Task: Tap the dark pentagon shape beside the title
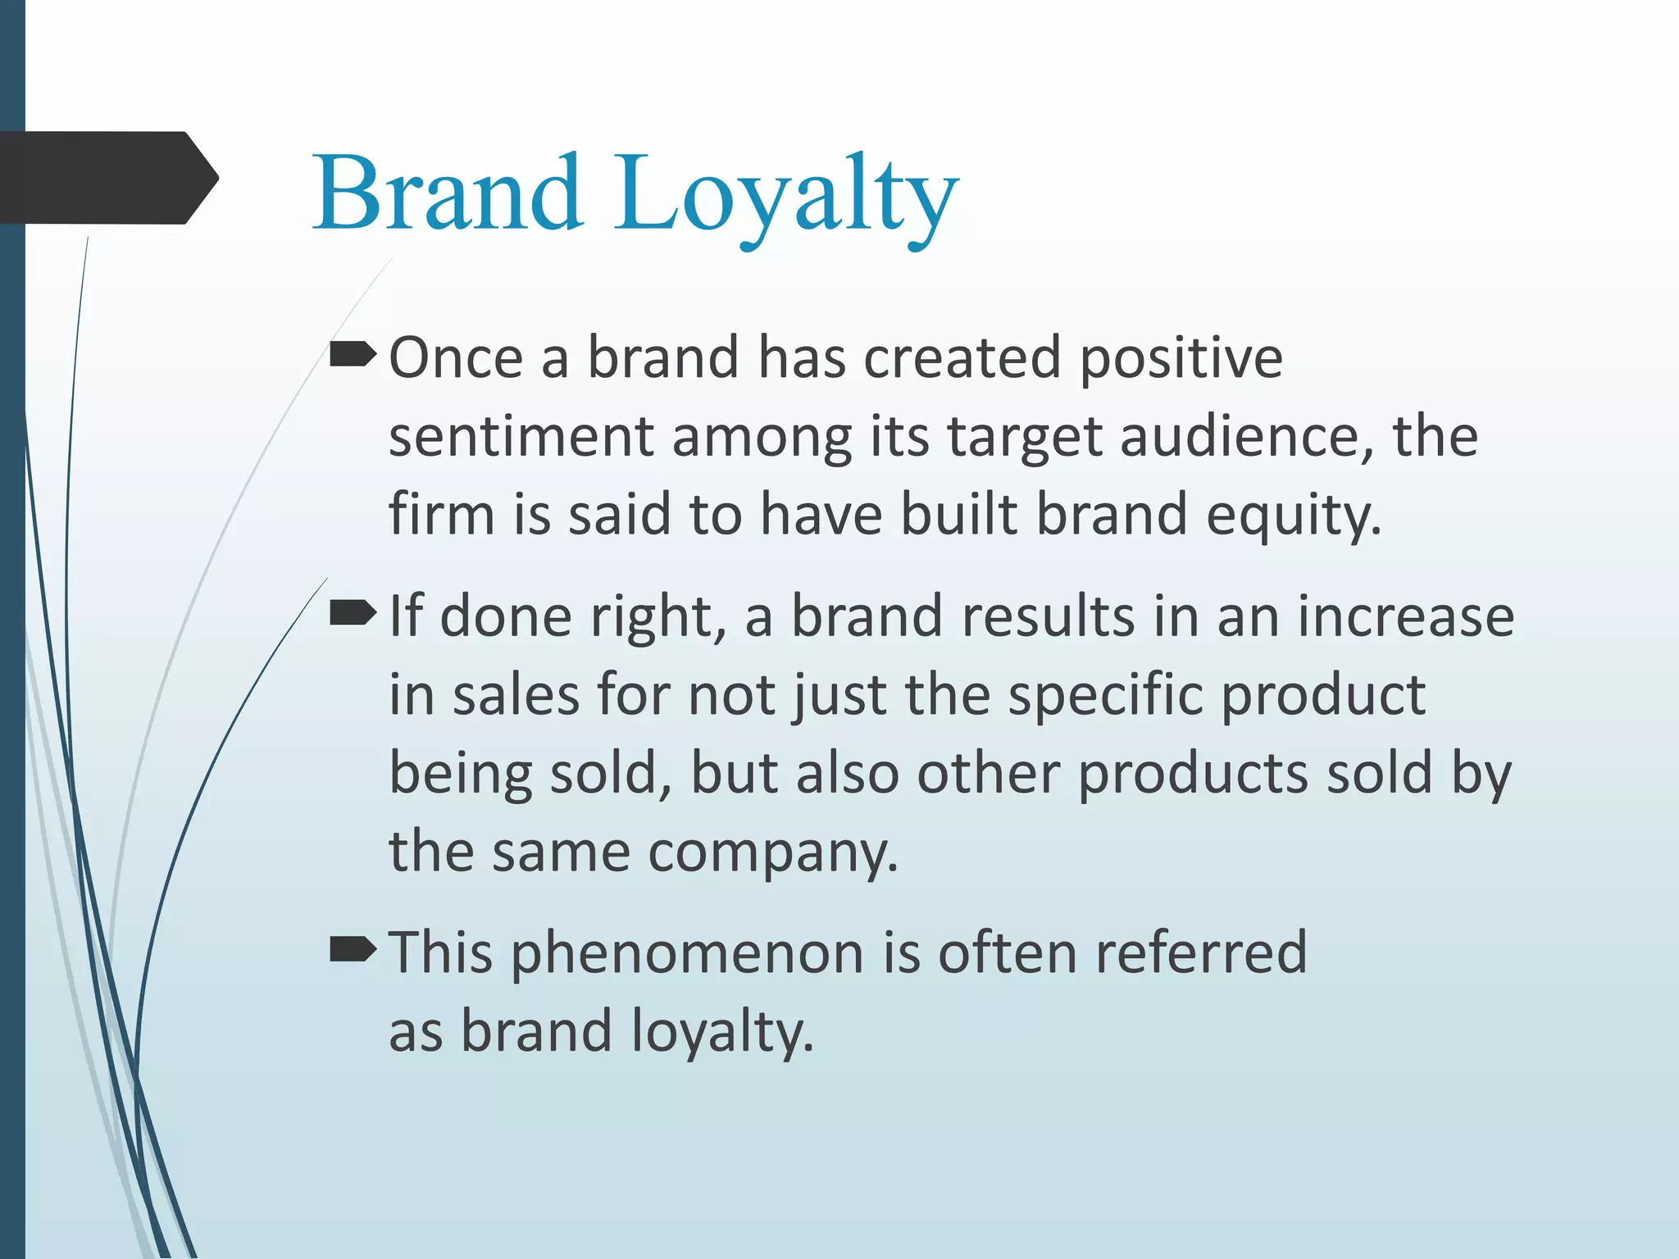(107, 178)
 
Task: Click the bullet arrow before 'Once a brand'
(353, 355)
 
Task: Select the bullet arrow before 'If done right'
(353, 613)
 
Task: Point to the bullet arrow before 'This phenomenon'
(353, 950)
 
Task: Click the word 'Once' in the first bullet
(456, 358)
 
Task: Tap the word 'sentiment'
(521, 437)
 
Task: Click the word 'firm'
(442, 515)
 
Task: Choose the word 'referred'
(1201, 952)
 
